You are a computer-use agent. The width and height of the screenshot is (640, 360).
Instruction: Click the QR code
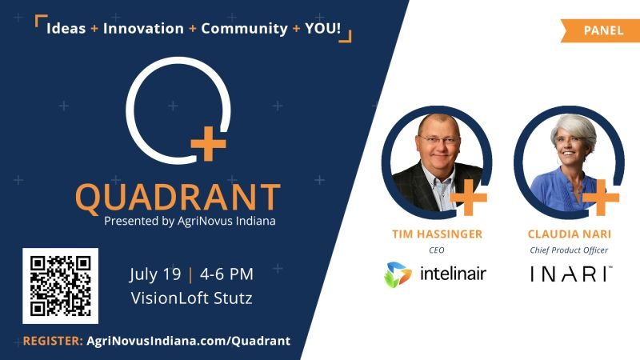tap(61, 286)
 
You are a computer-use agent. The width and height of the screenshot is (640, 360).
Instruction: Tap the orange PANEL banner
tap(601, 30)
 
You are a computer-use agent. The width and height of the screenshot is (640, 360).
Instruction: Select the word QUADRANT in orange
tap(178, 198)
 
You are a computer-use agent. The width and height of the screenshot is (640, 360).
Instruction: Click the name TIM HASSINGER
tap(437, 234)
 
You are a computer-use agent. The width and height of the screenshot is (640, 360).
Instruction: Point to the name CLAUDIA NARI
tap(570, 234)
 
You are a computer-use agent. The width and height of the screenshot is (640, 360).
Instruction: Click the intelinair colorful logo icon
tap(398, 274)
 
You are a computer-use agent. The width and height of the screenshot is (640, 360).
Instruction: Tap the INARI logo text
tap(571, 274)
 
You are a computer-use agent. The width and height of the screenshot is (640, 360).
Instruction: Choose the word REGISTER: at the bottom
tap(53, 341)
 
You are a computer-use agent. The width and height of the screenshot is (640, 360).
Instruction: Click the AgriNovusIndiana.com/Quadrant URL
tap(189, 341)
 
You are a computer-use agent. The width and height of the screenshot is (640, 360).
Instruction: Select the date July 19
tap(155, 274)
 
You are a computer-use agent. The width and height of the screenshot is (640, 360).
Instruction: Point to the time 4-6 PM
tap(226, 274)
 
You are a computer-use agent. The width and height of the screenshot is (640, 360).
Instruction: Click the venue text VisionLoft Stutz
tap(191, 298)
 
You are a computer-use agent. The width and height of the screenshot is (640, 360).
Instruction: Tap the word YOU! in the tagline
tap(323, 28)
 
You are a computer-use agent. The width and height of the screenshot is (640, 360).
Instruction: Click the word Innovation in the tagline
tap(143, 29)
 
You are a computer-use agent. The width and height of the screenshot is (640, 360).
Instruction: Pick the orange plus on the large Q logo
tap(208, 143)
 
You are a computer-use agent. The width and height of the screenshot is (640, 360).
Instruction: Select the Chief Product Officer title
tap(569, 250)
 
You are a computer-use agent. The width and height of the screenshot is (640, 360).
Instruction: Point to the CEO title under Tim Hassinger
tap(436, 250)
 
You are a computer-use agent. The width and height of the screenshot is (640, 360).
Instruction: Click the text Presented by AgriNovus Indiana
tap(190, 221)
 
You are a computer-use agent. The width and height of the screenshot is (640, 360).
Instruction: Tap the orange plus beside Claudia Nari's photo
tap(601, 198)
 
